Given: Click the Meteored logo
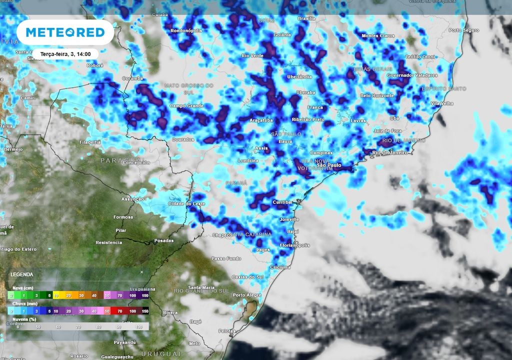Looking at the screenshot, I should point(65,32).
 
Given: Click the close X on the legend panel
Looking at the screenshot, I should point(141,272).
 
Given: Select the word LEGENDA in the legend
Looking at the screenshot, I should point(21,274).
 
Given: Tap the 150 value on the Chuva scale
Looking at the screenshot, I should point(145,311).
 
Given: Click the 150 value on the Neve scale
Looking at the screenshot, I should point(145,296).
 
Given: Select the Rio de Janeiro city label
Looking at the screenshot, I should point(390,152).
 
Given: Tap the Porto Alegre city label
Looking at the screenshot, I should point(245,295).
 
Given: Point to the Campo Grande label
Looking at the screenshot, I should point(186,106).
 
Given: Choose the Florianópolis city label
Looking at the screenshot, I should point(294,245).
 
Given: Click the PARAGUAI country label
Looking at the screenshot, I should point(117,160).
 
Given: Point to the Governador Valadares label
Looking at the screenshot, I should point(412,75).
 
